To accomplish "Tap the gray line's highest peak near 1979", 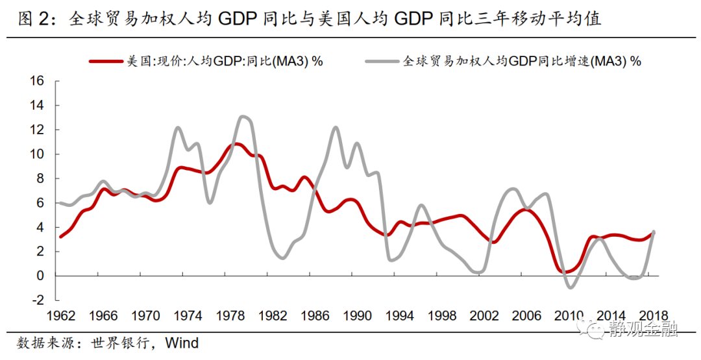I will click(x=243, y=117).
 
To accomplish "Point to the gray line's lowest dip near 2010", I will click(x=571, y=287).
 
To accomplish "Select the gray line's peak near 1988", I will click(x=336, y=127).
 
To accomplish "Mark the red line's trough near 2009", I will click(x=562, y=271).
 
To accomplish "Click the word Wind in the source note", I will click(x=182, y=342).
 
